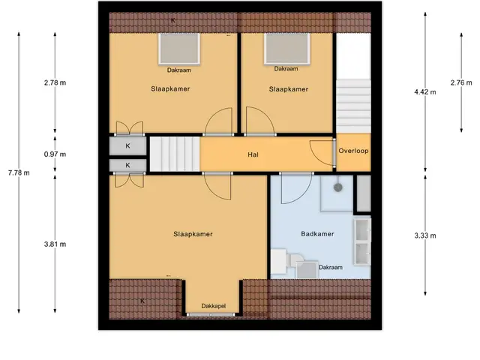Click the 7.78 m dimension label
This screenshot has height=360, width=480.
pos(19,173)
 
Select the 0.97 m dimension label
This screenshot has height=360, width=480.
pos(55,154)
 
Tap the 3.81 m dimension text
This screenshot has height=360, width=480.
pos(55,244)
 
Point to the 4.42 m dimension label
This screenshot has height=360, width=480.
pos(425,91)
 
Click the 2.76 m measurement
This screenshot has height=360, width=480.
pos(461,82)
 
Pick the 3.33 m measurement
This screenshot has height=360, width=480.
pos(425,235)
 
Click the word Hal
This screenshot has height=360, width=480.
pos(253,154)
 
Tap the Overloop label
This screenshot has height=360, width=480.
pos(353,151)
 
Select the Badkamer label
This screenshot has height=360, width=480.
pos(317,234)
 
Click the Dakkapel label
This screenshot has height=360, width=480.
pos(214,306)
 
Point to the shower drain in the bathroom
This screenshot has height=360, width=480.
pos(338,187)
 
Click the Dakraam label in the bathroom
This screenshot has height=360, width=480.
pos(331,267)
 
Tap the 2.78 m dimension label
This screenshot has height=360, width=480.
pos(55,82)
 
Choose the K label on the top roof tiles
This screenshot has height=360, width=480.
pos(173,20)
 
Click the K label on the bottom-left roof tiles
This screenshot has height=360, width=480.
pos(142,301)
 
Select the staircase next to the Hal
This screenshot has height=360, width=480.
pos(175,154)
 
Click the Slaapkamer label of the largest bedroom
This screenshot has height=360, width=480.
pos(193,234)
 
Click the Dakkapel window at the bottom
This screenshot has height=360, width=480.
pos(211,315)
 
